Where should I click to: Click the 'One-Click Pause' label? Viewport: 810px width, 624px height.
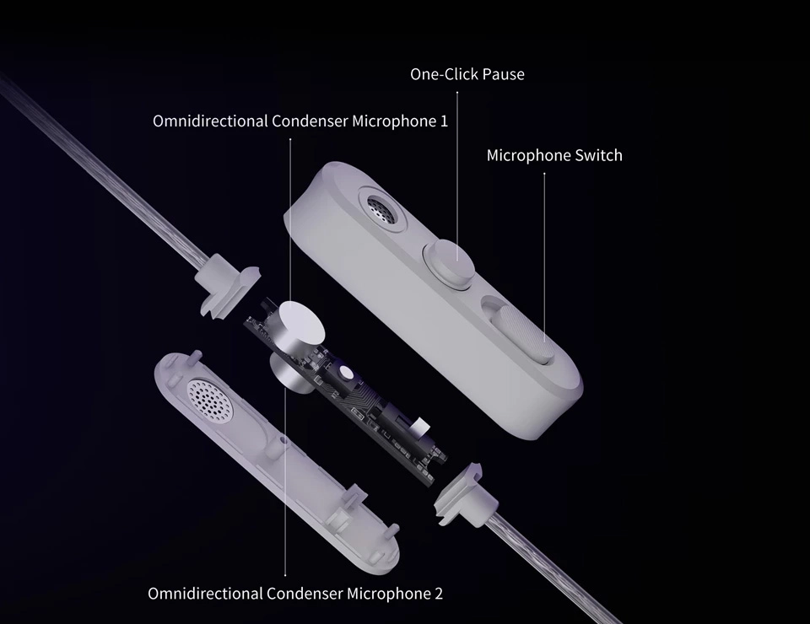pyautogui.click(x=467, y=74)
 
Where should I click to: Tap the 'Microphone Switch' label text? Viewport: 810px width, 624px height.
pyautogui.click(x=554, y=155)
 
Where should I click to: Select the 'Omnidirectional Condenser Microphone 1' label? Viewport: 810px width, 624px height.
pyautogui.click(x=300, y=121)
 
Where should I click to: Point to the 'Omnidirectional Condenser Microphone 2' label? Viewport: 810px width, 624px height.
pyautogui.click(x=295, y=594)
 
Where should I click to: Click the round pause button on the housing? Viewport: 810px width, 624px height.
pyautogui.click(x=448, y=261)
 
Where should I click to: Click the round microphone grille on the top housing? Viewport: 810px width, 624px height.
pyautogui.click(x=382, y=210)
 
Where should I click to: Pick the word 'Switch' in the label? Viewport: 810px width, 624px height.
pyautogui.click(x=599, y=155)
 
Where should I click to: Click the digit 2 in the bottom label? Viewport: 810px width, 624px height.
pyautogui.click(x=439, y=594)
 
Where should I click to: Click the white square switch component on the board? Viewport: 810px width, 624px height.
pyautogui.click(x=420, y=426)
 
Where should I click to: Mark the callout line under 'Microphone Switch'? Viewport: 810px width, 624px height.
pyautogui.click(x=544, y=258)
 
